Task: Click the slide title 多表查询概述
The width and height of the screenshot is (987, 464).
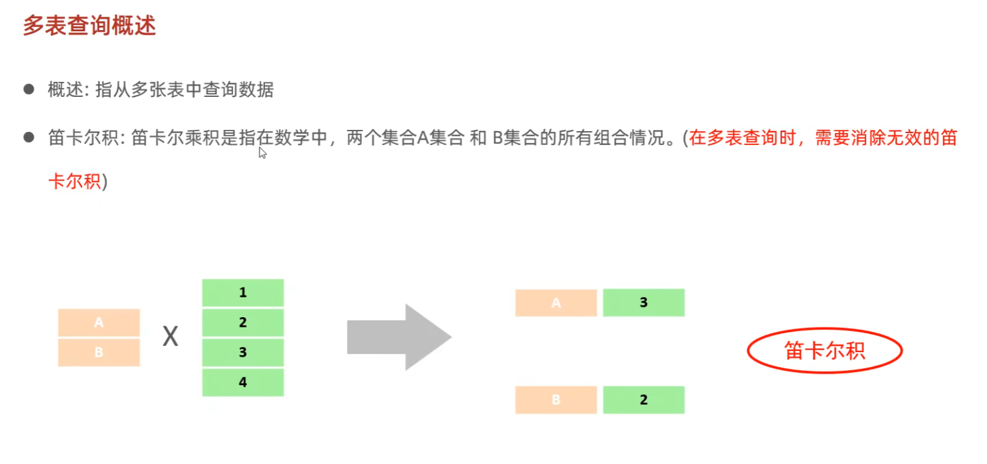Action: (x=89, y=26)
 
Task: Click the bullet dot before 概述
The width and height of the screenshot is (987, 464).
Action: (x=28, y=90)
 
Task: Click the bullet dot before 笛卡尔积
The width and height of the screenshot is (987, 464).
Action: (x=28, y=138)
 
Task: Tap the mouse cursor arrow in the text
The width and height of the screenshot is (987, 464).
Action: (x=263, y=153)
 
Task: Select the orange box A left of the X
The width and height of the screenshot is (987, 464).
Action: (x=99, y=323)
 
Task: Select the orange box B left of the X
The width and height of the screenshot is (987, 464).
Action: (x=99, y=353)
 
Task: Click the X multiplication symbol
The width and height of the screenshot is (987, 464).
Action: (x=170, y=336)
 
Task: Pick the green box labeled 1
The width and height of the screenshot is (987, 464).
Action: (x=243, y=292)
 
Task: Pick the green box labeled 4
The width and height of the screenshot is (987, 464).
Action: (x=243, y=382)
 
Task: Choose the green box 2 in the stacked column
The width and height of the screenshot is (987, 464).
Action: (x=243, y=323)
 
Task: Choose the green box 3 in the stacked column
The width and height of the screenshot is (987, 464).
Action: (x=243, y=352)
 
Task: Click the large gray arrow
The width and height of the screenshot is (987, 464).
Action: (x=398, y=337)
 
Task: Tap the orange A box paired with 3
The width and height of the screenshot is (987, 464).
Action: (x=556, y=303)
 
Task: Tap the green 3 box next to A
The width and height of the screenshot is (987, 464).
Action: (x=643, y=303)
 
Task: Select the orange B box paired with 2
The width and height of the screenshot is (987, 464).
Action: (x=556, y=400)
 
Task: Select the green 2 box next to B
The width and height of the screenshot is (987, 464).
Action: (x=643, y=400)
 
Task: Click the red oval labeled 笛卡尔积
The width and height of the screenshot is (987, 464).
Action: (x=824, y=350)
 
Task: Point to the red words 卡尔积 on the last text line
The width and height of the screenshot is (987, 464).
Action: (x=75, y=181)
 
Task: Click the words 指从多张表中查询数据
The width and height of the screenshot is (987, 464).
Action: (x=184, y=90)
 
